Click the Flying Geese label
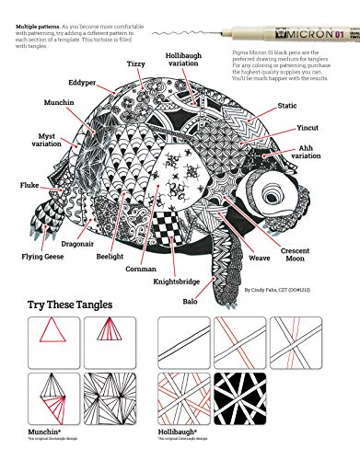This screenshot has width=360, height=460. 41,245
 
